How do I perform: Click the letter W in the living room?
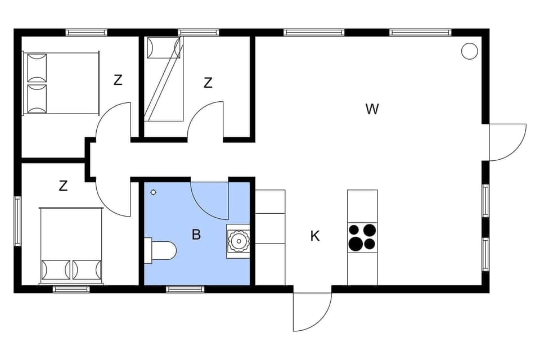coord(372,109)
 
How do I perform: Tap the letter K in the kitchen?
coord(315,236)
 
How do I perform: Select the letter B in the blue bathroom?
coord(196,235)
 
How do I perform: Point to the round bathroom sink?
coord(239,241)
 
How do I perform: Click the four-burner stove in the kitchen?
coord(362,237)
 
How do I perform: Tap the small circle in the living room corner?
coord(469,51)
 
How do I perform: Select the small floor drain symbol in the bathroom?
coord(154,192)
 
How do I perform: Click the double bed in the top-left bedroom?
coord(61,83)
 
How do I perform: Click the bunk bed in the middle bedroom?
coord(164,79)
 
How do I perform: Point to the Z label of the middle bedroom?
coord(208,83)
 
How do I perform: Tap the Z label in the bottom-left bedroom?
coord(63,186)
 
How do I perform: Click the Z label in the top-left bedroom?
coord(118,80)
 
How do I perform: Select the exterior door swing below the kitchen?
coord(312,310)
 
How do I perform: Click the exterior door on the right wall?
coord(506,142)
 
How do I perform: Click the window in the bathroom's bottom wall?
coord(185,289)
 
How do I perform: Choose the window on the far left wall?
coord(17,220)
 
